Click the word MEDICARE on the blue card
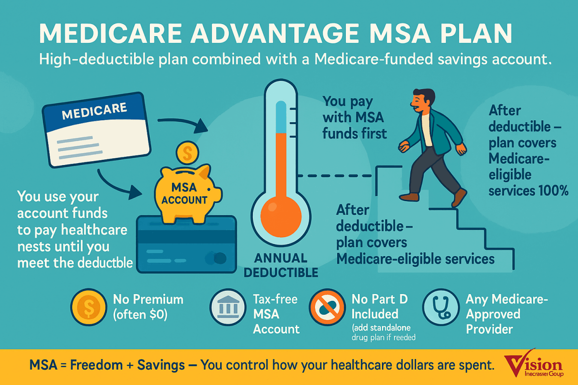(94, 111)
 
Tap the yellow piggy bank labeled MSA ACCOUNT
(187, 193)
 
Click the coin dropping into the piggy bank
(187, 153)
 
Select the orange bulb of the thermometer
(281, 217)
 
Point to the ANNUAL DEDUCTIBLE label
(281, 265)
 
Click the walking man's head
(423, 100)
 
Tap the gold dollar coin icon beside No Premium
(89, 307)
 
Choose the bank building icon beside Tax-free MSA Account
(228, 307)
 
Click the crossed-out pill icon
(327, 307)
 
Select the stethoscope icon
(441, 307)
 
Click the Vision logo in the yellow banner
(534, 364)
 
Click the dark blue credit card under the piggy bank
(186, 244)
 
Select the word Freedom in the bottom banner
(96, 365)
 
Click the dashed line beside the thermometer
(335, 176)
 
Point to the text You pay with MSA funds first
(355, 117)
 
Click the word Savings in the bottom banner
(161, 365)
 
